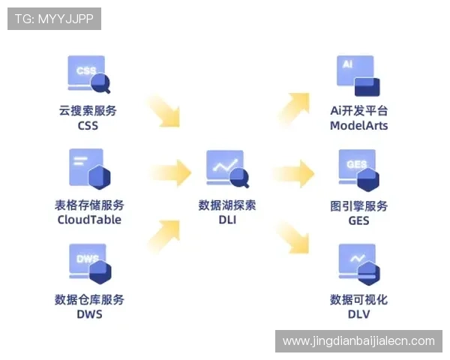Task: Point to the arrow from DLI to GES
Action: [x=293, y=173]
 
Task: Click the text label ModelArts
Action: [x=359, y=126]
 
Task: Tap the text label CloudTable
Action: [x=89, y=220]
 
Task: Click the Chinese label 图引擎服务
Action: [x=359, y=205]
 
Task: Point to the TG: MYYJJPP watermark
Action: [x=54, y=19]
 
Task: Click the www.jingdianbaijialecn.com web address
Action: [x=358, y=340]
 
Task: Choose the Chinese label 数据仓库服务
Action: [x=89, y=299]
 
